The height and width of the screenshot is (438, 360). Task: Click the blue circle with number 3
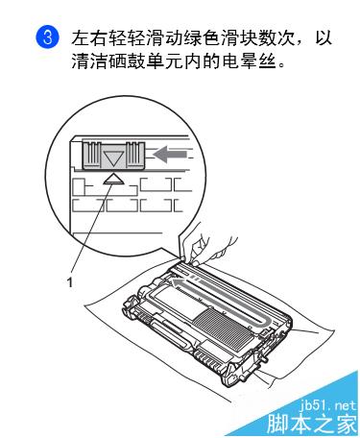47,38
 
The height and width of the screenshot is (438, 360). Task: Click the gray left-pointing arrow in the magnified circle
170,155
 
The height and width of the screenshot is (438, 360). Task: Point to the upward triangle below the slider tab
114,180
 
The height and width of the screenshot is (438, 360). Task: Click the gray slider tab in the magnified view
113,156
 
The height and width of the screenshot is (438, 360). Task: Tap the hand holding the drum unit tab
206,244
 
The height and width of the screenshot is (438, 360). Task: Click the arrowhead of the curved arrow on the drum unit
176,283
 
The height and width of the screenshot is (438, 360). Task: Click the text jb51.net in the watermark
327,405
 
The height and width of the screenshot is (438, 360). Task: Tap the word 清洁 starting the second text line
89,61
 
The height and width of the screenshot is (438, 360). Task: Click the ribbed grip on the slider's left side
92,153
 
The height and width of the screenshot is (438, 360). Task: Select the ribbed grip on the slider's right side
132,153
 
